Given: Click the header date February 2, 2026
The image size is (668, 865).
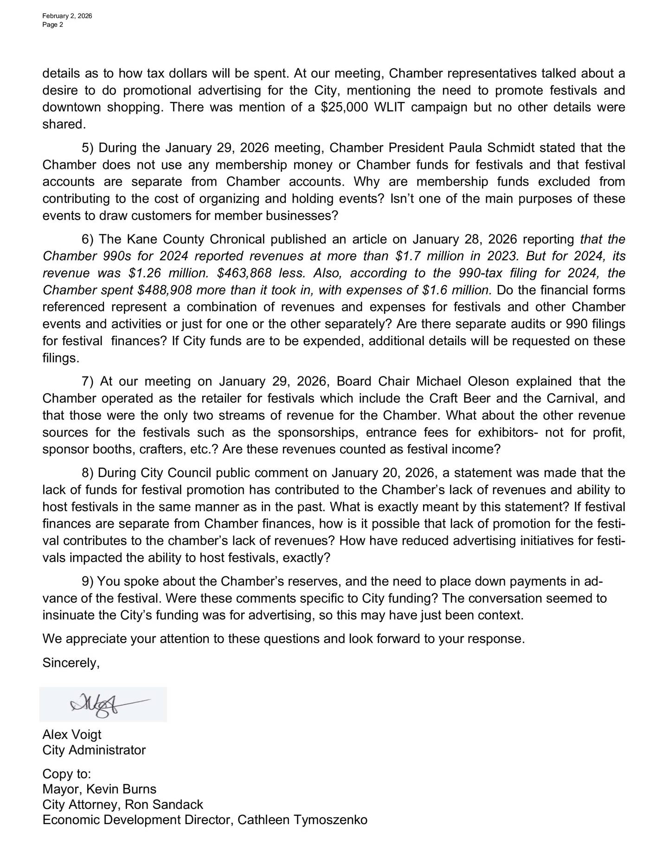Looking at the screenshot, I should pyautogui.click(x=67, y=16).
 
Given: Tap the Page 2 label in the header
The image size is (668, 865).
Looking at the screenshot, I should pyautogui.click(x=52, y=25).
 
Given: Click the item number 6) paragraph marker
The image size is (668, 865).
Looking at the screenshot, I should pyautogui.click(x=88, y=239).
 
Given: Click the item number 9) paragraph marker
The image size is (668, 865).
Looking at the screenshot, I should pyautogui.click(x=88, y=581).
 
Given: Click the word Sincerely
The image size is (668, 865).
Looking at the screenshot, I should pyautogui.click(x=71, y=663).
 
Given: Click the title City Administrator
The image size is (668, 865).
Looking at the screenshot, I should pyautogui.click(x=94, y=750).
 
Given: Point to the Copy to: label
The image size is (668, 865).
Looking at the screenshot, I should pyautogui.click(x=67, y=774).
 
